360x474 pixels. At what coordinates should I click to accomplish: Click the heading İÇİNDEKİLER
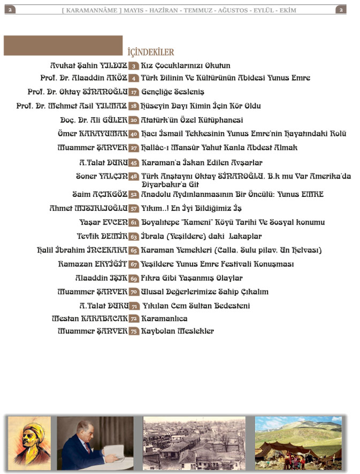151,52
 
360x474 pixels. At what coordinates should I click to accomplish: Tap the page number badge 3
134,66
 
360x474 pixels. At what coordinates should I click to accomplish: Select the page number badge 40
134,134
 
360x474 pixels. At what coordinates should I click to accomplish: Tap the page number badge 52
134,195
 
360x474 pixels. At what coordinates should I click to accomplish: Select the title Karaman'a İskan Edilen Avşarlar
202,162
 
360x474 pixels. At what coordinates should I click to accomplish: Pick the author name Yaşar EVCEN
103,222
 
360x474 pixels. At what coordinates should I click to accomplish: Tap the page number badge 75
134,331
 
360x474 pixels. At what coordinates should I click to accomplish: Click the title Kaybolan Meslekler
177,331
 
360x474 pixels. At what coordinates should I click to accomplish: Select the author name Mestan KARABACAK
89,318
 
